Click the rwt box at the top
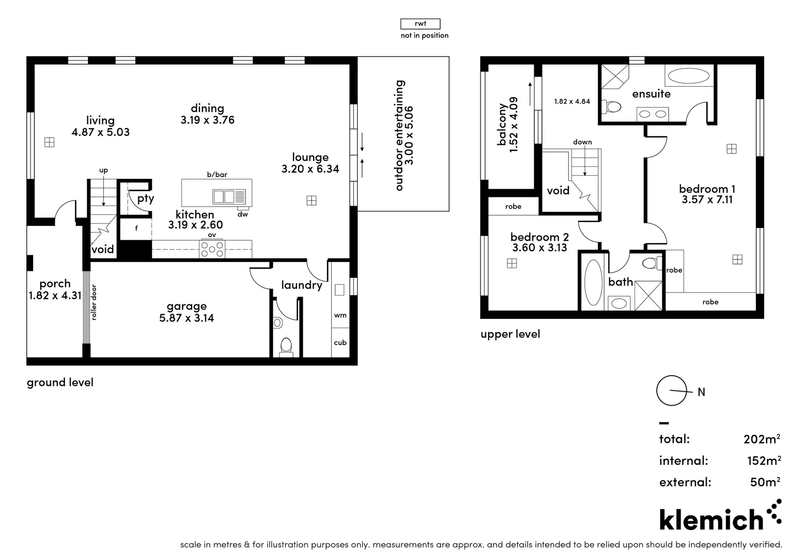(x=420, y=24)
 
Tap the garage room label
(x=187, y=306)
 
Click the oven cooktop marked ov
(x=212, y=249)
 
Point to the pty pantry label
(x=145, y=198)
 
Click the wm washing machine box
(x=340, y=315)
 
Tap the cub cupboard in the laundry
(x=340, y=343)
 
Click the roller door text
(x=94, y=302)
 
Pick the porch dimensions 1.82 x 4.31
(x=55, y=296)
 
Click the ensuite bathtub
(x=688, y=76)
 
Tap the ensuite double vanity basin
(x=653, y=114)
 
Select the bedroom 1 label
(x=707, y=189)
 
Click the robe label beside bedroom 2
(x=513, y=207)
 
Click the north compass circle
(x=671, y=391)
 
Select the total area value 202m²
(x=762, y=439)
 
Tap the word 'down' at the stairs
(x=582, y=142)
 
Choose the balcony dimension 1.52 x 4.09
(x=513, y=125)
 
